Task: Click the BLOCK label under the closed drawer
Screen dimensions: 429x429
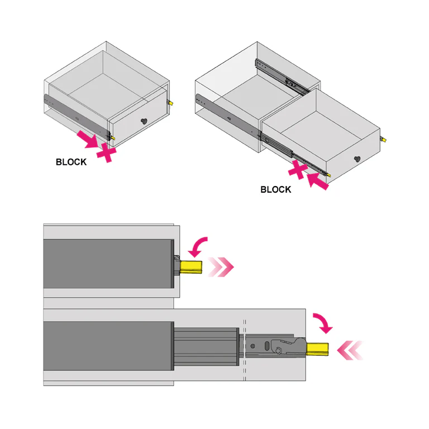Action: pos(71,162)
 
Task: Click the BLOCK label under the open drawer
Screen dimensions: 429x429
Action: pos(275,189)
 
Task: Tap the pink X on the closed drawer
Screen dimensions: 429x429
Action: pos(106,151)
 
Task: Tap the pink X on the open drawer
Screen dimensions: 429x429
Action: pos(299,170)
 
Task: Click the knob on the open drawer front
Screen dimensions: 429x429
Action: pos(357,159)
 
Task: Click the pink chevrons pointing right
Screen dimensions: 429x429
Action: pos(220,267)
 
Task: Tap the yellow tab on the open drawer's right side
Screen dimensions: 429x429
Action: pos(383,139)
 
